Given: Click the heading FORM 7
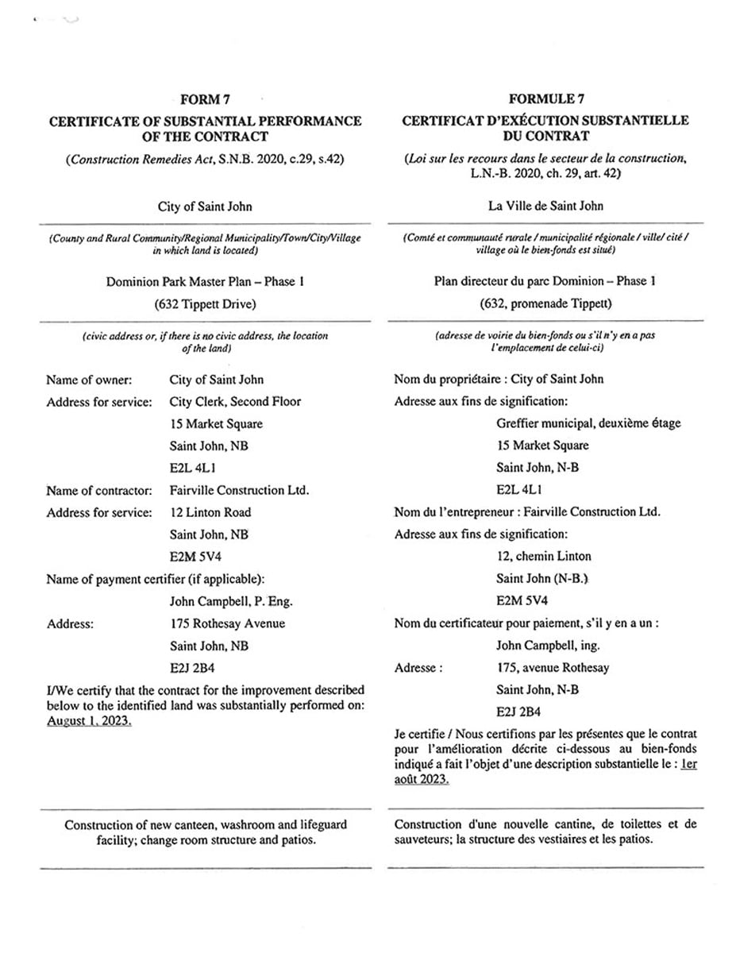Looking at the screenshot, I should click(205, 99).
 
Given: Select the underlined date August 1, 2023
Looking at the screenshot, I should click(89, 721).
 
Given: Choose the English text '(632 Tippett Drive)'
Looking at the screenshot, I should click(205, 304).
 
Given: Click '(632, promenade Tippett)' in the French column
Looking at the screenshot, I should click(545, 304).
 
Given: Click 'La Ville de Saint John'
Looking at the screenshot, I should click(545, 206).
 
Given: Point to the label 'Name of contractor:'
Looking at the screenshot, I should click(98, 491).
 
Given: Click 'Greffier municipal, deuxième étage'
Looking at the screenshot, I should click(588, 423).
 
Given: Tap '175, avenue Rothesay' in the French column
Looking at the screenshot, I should click(553, 668).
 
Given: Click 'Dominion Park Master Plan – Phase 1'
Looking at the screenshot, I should click(205, 281).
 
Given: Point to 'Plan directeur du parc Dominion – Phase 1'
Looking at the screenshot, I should click(545, 281).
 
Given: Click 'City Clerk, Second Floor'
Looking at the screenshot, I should click(235, 402).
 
